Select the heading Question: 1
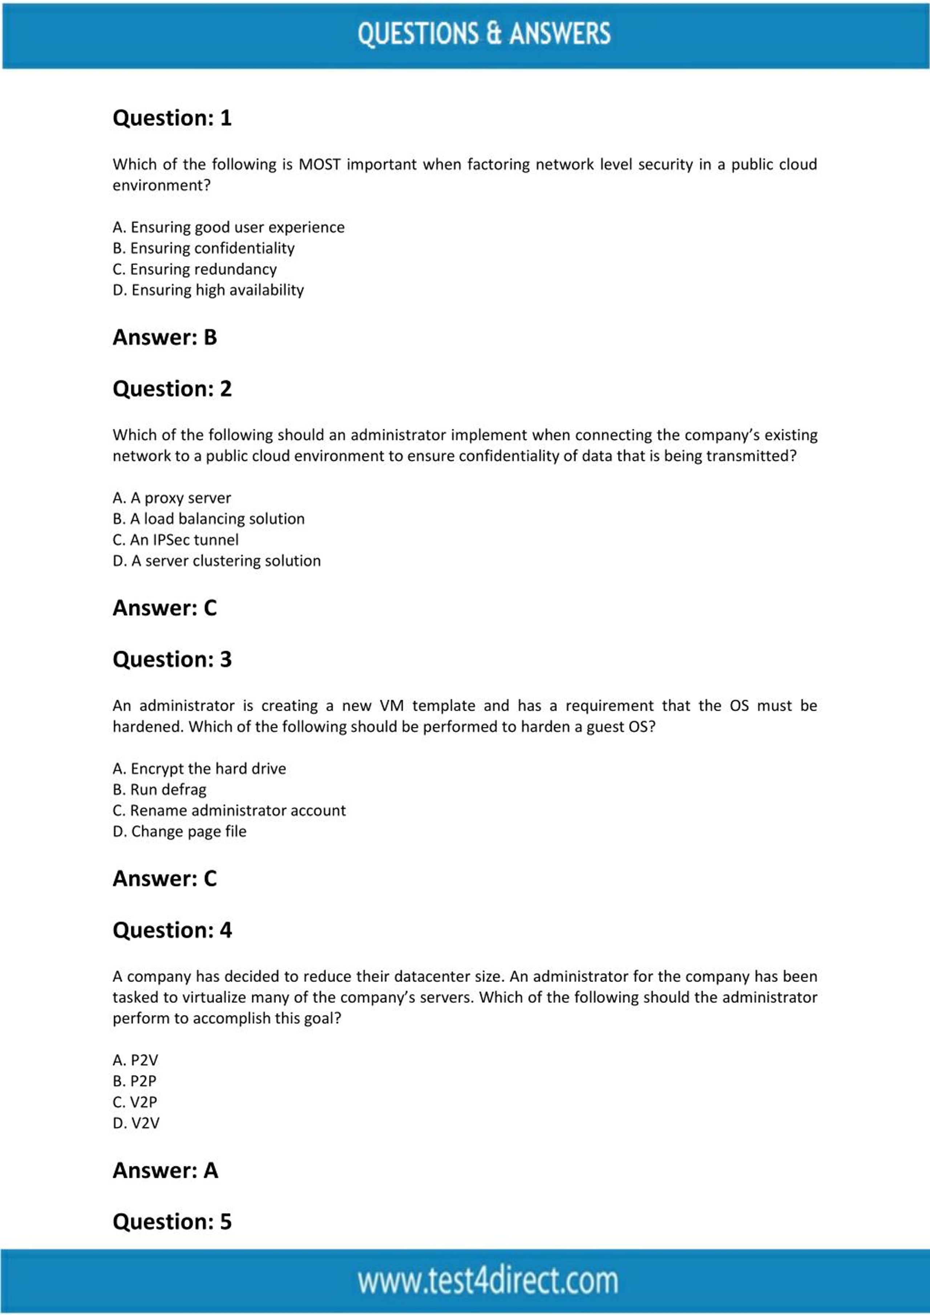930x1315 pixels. pyautogui.click(x=172, y=118)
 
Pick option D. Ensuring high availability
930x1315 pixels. pyautogui.click(x=208, y=291)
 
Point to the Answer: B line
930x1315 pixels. pyautogui.click(x=165, y=337)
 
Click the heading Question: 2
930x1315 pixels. pyautogui.click(x=172, y=389)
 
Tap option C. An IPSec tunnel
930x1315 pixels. pyautogui.click(x=175, y=540)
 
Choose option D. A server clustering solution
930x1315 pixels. pyautogui.click(x=217, y=561)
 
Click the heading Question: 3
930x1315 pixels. pyautogui.click(x=172, y=659)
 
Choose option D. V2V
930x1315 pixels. pyautogui.click(x=136, y=1123)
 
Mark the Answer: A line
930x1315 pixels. pyautogui.click(x=165, y=1171)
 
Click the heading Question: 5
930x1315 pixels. pyautogui.click(x=172, y=1222)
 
